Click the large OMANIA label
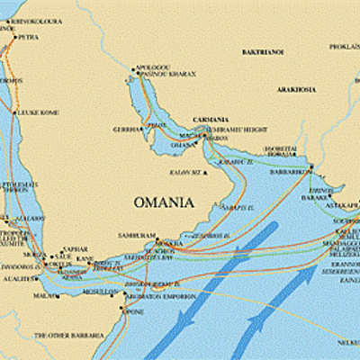pyautogui.click(x=163, y=202)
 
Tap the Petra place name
pyautogui.click(x=29, y=38)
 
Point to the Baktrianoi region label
pyautogui.click(x=261, y=53)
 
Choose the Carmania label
pyautogui.click(x=211, y=119)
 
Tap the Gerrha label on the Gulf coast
pyautogui.click(x=127, y=129)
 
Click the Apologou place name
pyautogui.click(x=152, y=67)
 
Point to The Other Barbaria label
pyautogui.click(x=64, y=335)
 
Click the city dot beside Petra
pyautogui.click(x=15, y=38)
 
